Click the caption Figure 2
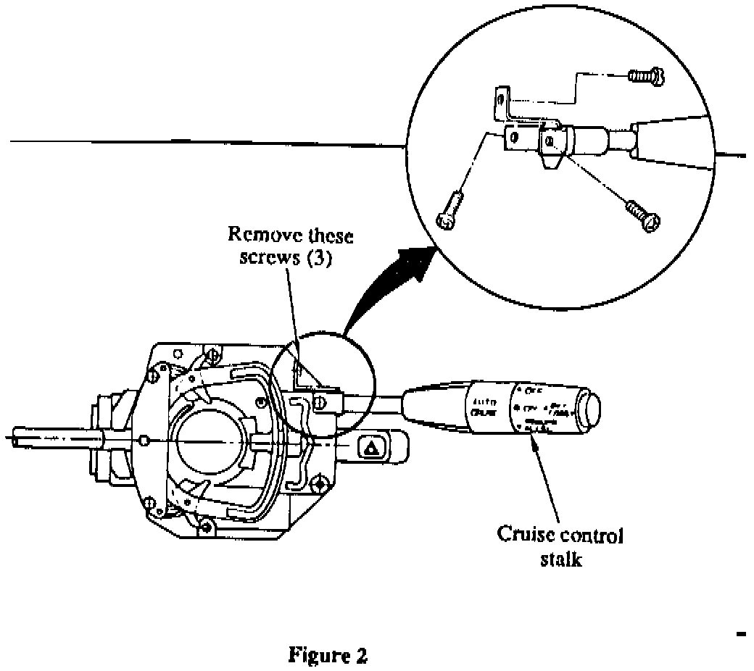tap(328, 656)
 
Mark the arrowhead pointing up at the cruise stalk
tap(534, 451)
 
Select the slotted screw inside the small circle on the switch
tap(319, 402)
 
